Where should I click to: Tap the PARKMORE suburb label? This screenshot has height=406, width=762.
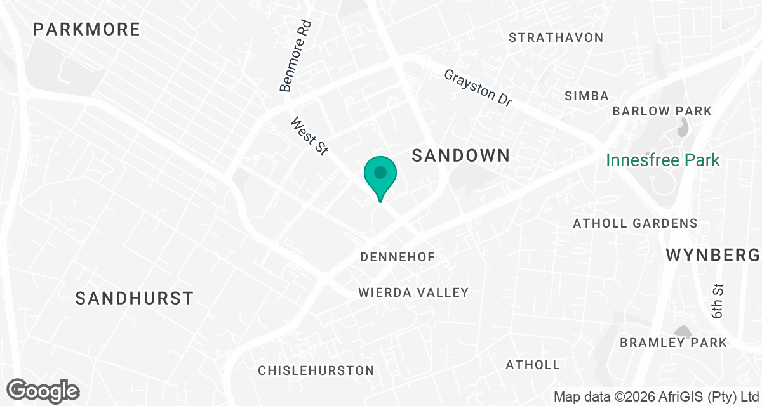pyautogui.click(x=86, y=29)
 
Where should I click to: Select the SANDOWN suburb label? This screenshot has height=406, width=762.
pyautogui.click(x=461, y=155)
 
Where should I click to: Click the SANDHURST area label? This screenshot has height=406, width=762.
pyautogui.click(x=134, y=298)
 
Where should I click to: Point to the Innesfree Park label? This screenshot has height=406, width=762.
pyautogui.click(x=663, y=160)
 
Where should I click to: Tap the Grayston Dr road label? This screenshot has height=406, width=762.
pyautogui.click(x=478, y=88)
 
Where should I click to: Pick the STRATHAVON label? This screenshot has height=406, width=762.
pyautogui.click(x=556, y=37)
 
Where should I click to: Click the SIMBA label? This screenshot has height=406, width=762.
pyautogui.click(x=587, y=96)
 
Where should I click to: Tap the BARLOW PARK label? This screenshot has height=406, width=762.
pyautogui.click(x=662, y=111)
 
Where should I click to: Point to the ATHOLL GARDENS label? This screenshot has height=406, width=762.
pyautogui.click(x=635, y=223)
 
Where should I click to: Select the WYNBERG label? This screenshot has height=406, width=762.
pyautogui.click(x=712, y=256)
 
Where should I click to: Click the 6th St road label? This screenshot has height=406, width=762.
pyautogui.click(x=718, y=301)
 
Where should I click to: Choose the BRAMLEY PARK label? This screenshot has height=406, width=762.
pyautogui.click(x=673, y=343)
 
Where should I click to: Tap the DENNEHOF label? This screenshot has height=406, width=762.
pyautogui.click(x=398, y=257)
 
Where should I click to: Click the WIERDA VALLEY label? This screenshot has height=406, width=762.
pyautogui.click(x=413, y=292)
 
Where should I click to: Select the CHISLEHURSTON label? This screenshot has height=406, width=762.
pyautogui.click(x=316, y=370)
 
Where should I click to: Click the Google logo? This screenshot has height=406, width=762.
pyautogui.click(x=43, y=390)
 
